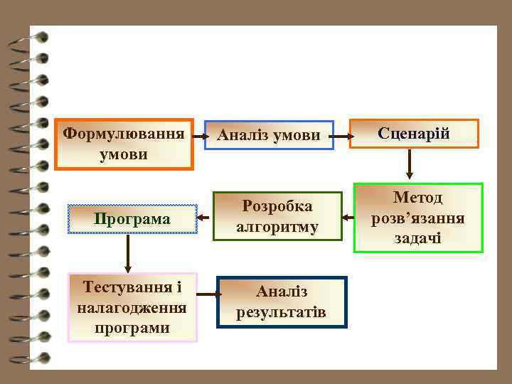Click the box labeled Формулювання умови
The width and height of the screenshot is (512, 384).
(x=124, y=144)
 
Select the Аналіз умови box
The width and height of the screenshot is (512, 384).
(x=269, y=135)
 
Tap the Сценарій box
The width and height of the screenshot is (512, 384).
(x=414, y=134)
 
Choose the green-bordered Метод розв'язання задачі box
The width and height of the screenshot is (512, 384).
(x=418, y=218)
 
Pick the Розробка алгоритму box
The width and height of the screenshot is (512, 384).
(x=277, y=217)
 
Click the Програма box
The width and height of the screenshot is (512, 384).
(x=132, y=219)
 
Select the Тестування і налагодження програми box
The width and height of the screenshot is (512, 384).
(x=132, y=307)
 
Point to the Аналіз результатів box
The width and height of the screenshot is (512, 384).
(x=282, y=302)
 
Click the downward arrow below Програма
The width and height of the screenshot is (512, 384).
(x=128, y=254)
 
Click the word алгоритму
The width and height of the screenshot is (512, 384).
(x=277, y=228)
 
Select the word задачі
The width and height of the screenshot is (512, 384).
(x=418, y=238)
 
